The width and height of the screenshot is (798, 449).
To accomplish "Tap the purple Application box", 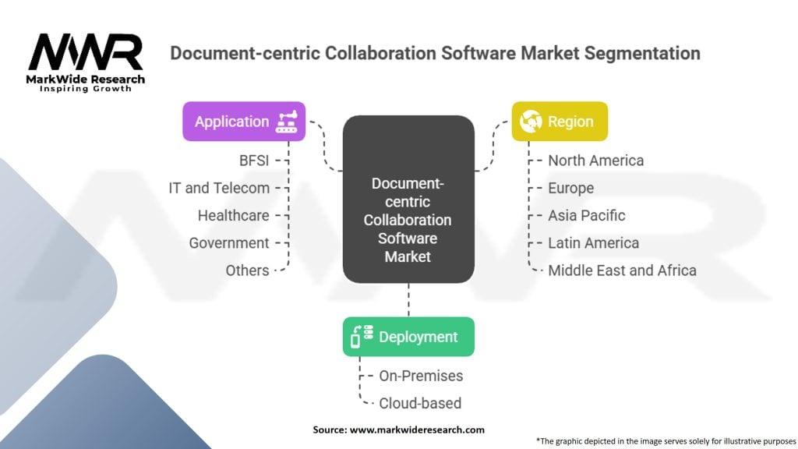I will click(244, 122).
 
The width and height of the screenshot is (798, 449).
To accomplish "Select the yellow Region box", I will click(559, 122).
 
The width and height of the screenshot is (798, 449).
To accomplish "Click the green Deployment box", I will click(408, 337).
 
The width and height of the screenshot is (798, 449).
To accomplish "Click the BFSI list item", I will click(254, 161).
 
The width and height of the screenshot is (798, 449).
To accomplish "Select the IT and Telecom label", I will click(219, 188).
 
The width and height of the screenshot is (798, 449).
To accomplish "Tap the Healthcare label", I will click(233, 215).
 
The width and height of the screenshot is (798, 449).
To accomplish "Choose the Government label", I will click(228, 243).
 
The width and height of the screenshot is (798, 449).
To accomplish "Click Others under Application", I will click(249, 270).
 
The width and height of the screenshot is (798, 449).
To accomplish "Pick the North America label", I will click(595, 161).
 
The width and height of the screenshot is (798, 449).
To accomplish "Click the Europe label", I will click(570, 188).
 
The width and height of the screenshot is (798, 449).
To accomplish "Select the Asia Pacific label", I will click(586, 215).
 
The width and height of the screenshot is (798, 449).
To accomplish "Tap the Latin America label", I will click(593, 243).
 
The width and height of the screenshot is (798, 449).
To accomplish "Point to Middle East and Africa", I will click(622, 270).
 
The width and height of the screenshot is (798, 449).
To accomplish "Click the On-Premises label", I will click(421, 376).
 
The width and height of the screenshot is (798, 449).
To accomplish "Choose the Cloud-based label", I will click(420, 403).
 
